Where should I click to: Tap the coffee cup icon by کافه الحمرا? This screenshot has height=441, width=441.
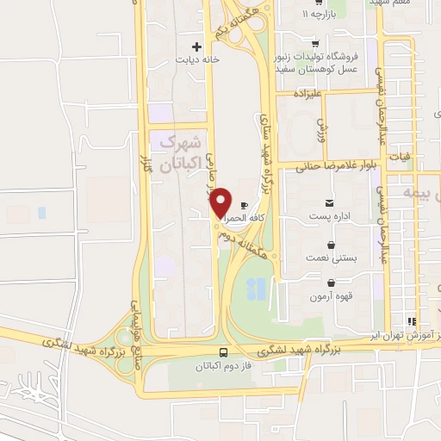tap(244, 205)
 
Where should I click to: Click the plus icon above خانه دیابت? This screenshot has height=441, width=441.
tap(196, 46)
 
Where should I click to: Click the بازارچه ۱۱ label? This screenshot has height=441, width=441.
tap(316, 16)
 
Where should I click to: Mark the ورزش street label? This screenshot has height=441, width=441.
tap(320, 131)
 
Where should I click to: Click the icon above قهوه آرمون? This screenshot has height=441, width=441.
tap(331, 283)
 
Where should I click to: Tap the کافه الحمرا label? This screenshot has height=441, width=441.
tap(244, 220)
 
